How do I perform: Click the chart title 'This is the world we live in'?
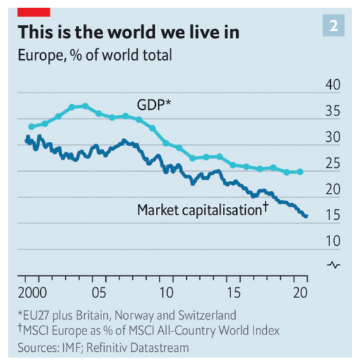[x=130, y=31]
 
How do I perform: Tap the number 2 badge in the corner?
[x=334, y=26]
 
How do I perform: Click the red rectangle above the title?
[x=34, y=9]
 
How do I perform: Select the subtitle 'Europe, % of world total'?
[x=95, y=56]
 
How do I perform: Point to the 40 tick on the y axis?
[x=332, y=86]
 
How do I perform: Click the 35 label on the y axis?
[x=332, y=112]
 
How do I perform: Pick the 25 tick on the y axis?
[x=332, y=163]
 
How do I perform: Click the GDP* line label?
[x=154, y=103]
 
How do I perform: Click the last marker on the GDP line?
[x=300, y=172]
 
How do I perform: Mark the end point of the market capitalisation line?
[x=306, y=216]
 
